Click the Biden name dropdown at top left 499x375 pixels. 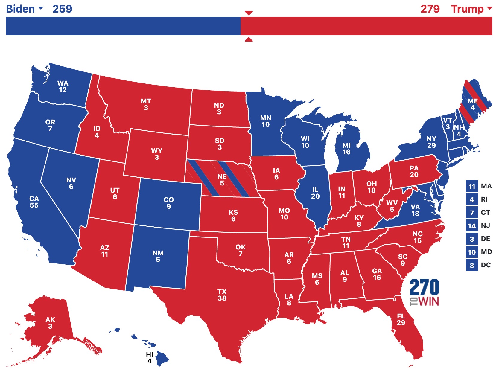click(25, 9)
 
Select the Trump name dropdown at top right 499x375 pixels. click(471, 9)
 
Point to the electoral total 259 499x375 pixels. click(62, 9)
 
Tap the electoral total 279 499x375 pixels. click(430, 9)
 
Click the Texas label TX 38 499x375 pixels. click(222, 295)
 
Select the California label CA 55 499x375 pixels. click(34, 202)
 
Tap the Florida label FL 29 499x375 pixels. click(401, 319)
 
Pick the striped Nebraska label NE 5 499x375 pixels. click(222, 180)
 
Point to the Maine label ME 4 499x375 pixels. click(473, 104)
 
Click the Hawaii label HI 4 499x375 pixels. click(150, 357)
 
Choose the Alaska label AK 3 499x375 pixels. click(50, 323)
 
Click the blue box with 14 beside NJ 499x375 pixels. click(472, 226)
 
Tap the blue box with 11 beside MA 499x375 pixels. click(472, 186)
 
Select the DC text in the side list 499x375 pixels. click(486, 265)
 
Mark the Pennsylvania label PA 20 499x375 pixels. click(414, 171)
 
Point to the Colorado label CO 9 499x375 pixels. click(169, 203)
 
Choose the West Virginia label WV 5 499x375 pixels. click(392, 206)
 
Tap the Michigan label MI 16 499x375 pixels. click(346, 149)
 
